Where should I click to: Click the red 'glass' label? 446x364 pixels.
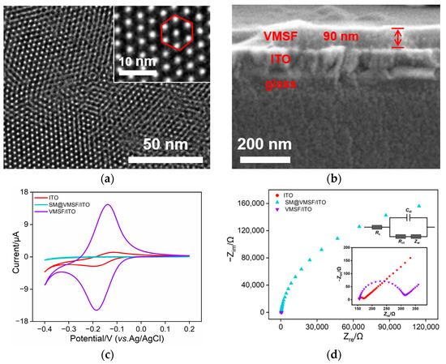[280, 82]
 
